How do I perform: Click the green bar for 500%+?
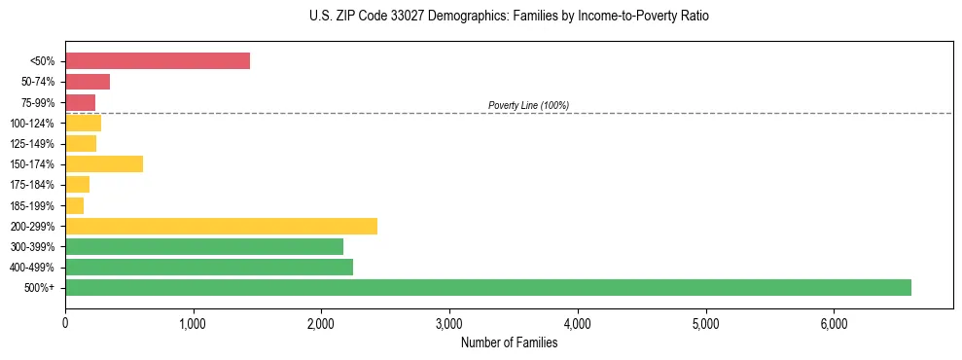tap(487, 287)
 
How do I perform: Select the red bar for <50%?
tap(157, 61)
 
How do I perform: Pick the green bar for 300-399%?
tap(204, 246)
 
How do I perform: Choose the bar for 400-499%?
tap(209, 267)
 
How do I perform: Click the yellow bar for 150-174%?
tap(104, 164)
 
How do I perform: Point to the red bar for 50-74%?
tap(88, 82)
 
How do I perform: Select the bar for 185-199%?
tap(74, 205)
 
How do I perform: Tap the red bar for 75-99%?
tap(80, 102)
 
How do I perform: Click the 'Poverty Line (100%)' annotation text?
tap(528, 105)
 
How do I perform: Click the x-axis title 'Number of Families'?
tap(509, 342)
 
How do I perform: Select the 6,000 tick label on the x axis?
tap(834, 323)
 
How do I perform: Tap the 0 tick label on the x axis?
tap(65, 323)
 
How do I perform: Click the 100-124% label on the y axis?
tap(32, 124)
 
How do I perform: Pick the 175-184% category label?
tap(32, 185)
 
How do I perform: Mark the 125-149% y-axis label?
tap(32, 144)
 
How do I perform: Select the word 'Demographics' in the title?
tap(456, 17)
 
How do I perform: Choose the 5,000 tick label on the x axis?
tap(705, 323)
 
